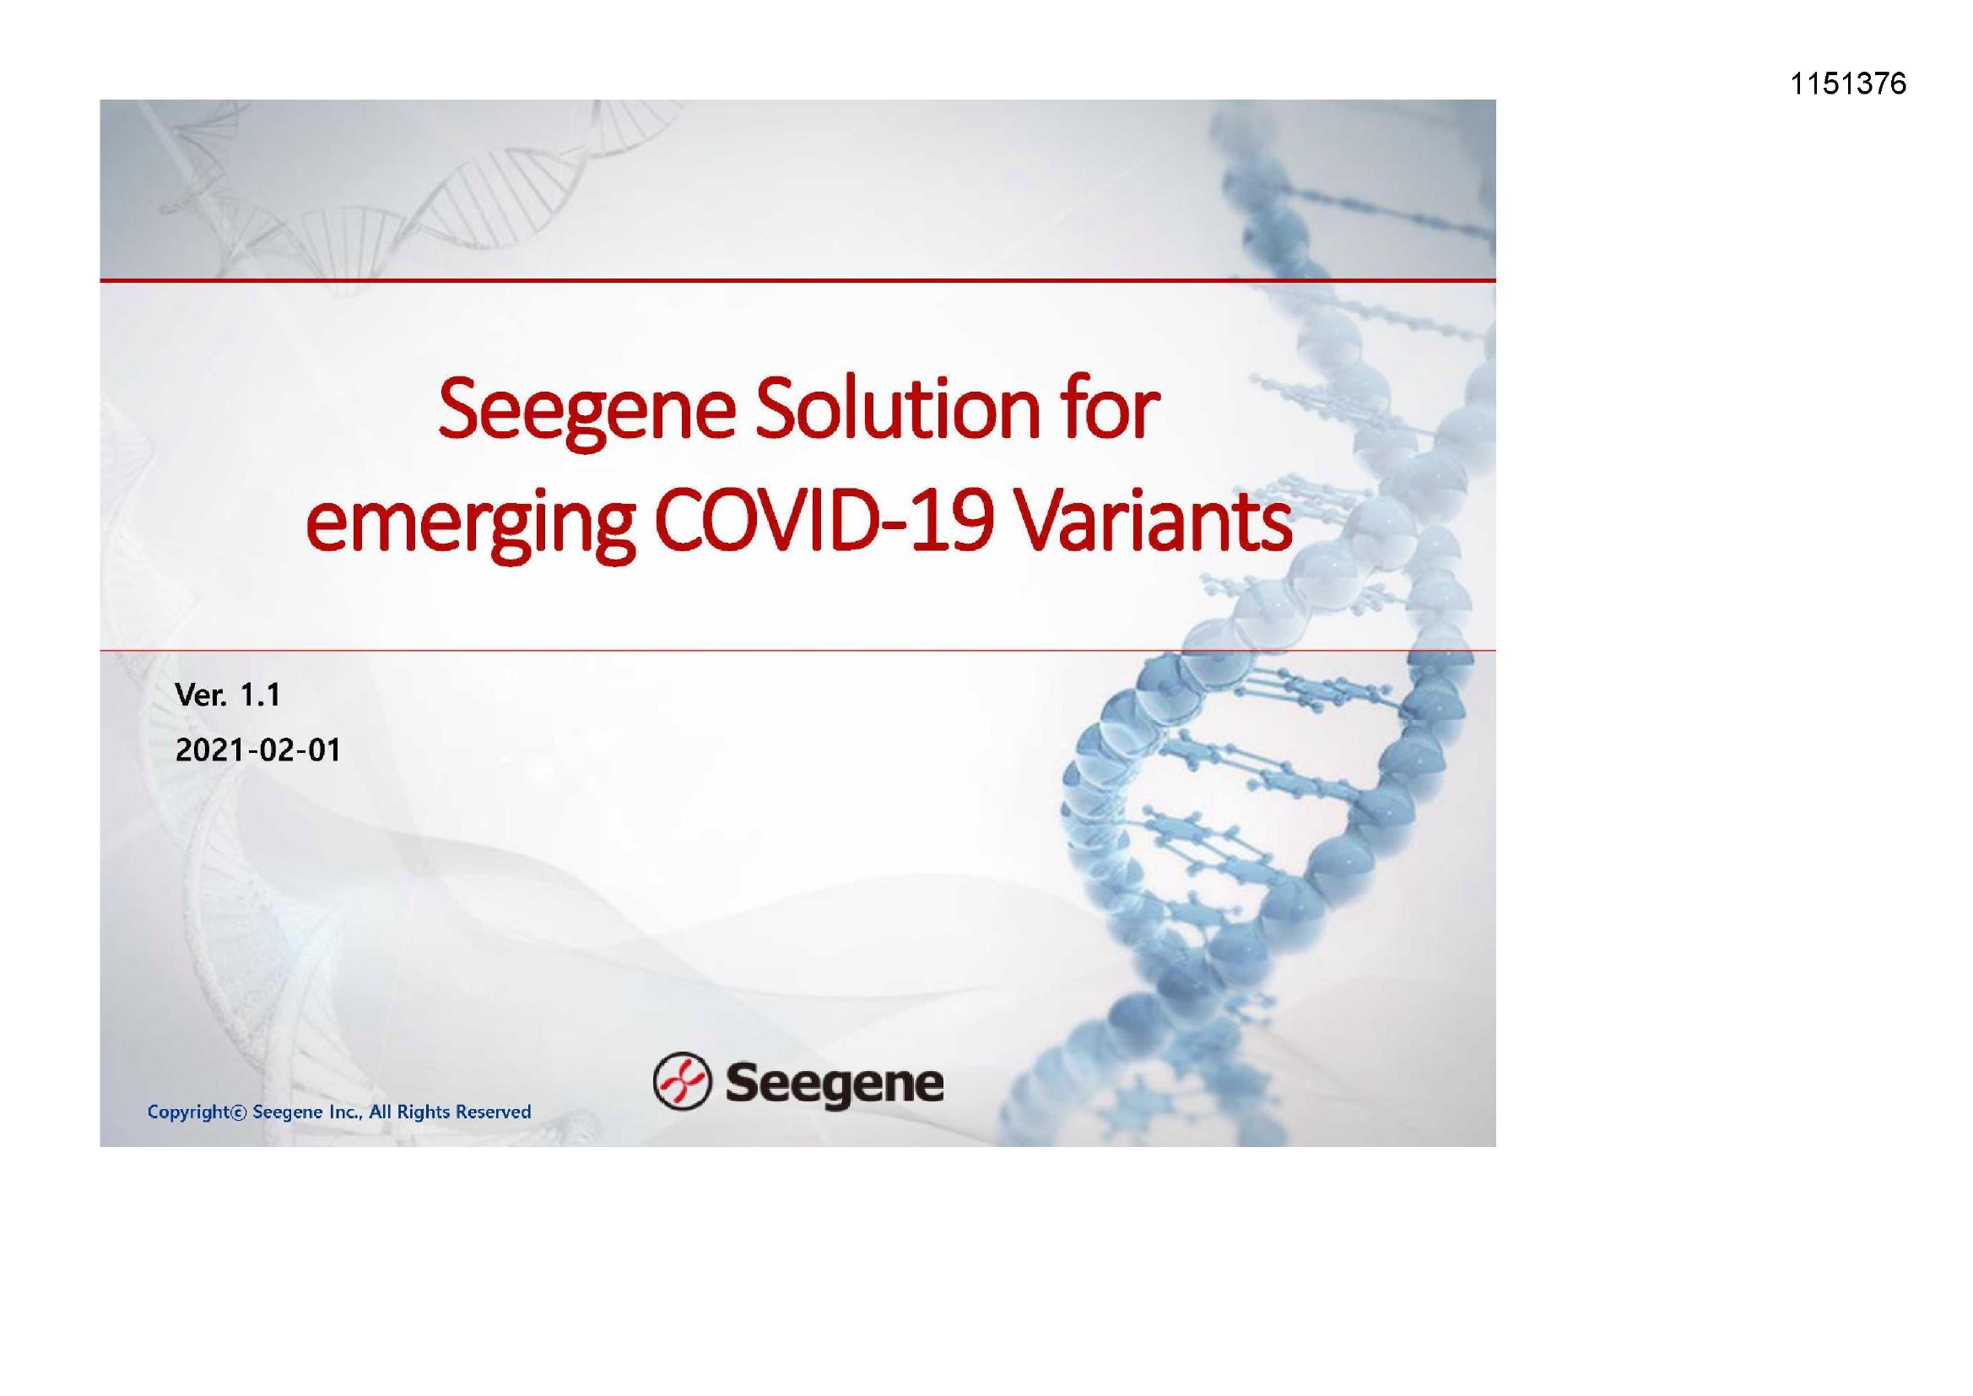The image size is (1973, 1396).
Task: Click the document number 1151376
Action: (1848, 84)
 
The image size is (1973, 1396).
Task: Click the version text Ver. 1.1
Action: (228, 695)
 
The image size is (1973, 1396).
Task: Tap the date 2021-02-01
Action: (257, 750)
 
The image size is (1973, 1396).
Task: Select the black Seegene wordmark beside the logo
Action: (835, 1085)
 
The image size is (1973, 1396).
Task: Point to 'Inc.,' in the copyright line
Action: (347, 1112)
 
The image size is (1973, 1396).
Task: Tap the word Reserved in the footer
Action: (493, 1112)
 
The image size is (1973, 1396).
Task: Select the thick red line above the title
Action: (797, 280)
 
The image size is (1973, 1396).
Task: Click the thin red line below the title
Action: (797, 651)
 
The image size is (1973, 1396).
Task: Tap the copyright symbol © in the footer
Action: (239, 1112)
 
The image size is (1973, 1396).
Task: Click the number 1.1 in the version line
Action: (260, 695)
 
